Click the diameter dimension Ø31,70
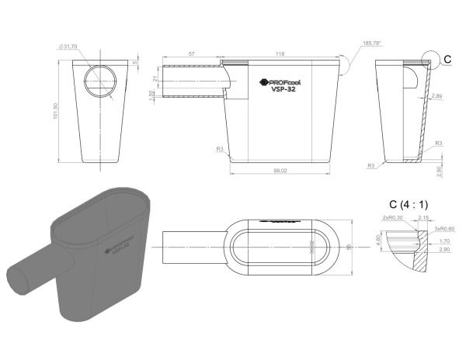click(68, 47)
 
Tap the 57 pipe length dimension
click(191, 54)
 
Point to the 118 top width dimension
click(280, 54)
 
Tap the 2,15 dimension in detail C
click(423, 218)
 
